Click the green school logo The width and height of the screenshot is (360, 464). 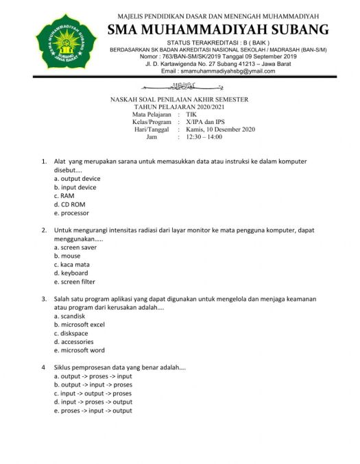(x=67, y=40)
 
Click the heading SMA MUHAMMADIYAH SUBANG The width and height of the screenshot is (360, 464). (x=218, y=29)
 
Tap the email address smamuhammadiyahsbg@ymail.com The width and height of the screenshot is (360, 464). (x=217, y=71)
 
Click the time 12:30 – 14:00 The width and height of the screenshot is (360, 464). (x=204, y=137)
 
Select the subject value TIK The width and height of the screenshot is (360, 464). (x=191, y=114)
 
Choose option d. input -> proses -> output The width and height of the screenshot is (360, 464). (x=93, y=402)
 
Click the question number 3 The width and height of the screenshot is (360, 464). (x=45, y=299)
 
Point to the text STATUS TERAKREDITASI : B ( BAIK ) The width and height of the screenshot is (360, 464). (x=219, y=42)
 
